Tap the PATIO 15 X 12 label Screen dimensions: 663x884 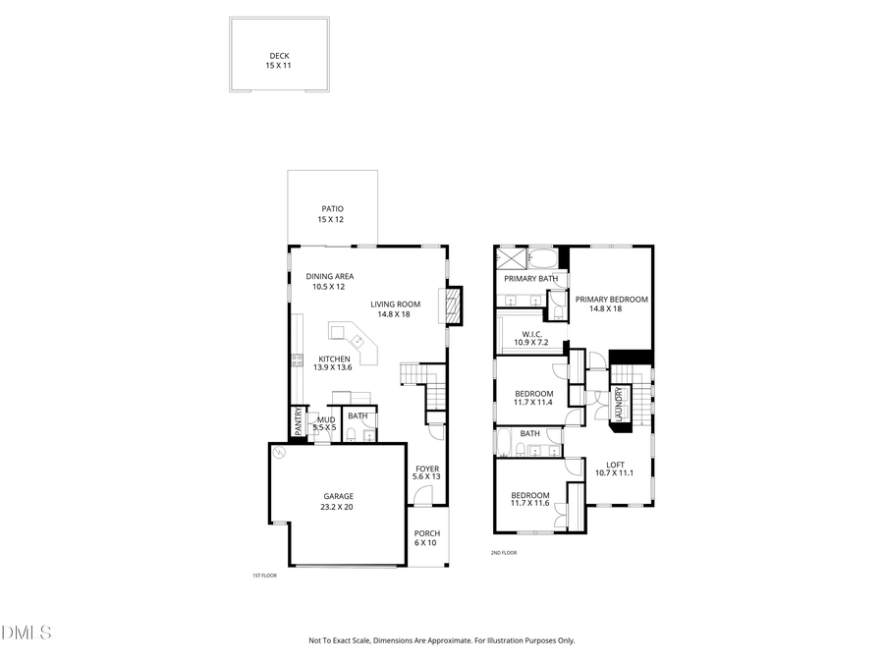coord(332,208)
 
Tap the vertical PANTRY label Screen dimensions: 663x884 coord(299,422)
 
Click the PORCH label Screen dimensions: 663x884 coord(426,533)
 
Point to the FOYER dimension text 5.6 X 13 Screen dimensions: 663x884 coord(426,476)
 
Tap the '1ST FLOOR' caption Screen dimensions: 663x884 coord(264,576)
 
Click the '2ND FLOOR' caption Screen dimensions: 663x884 coord(504,553)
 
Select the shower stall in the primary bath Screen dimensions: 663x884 coord(512,259)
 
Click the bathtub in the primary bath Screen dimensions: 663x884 coord(543,259)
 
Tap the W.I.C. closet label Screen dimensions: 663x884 coord(530,334)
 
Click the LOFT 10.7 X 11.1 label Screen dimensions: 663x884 coord(615,469)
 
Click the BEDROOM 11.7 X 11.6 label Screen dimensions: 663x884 coord(530,499)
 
